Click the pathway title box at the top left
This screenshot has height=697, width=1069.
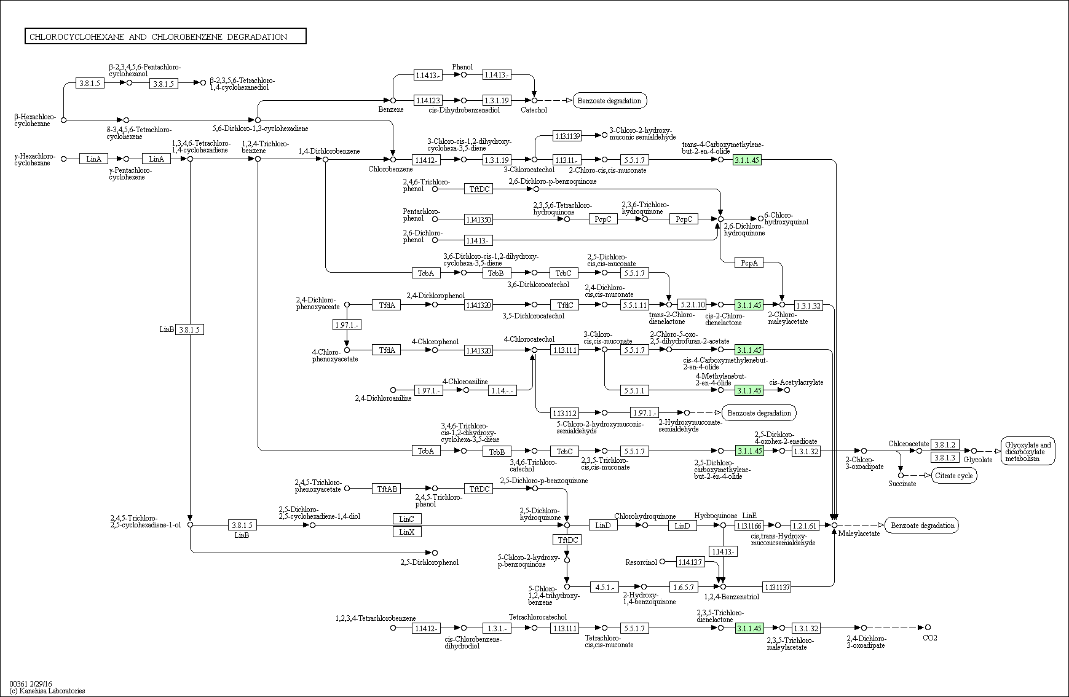click(x=165, y=36)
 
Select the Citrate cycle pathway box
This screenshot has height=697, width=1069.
click(x=953, y=476)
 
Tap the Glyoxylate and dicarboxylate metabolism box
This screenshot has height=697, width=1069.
click(x=1028, y=451)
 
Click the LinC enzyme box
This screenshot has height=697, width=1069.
click(x=407, y=519)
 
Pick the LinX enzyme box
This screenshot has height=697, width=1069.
click(x=407, y=532)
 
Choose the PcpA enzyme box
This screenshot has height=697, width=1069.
click(x=749, y=263)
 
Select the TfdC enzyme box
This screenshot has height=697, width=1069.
click(x=564, y=305)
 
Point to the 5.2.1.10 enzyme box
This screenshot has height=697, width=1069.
click(x=692, y=305)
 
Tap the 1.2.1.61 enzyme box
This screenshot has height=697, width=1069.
click(x=805, y=526)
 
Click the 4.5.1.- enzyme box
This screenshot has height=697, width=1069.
click(x=605, y=587)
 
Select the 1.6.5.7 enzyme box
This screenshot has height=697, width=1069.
click(x=684, y=587)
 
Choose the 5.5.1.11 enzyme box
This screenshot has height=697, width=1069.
click(x=634, y=305)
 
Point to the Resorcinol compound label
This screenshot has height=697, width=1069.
click(x=641, y=562)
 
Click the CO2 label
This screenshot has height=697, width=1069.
click(x=930, y=638)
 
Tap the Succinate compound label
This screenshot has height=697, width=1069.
click(x=902, y=484)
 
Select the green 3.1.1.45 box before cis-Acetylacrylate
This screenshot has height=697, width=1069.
click(x=749, y=390)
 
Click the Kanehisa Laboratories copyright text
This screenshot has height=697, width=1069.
click(x=47, y=691)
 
